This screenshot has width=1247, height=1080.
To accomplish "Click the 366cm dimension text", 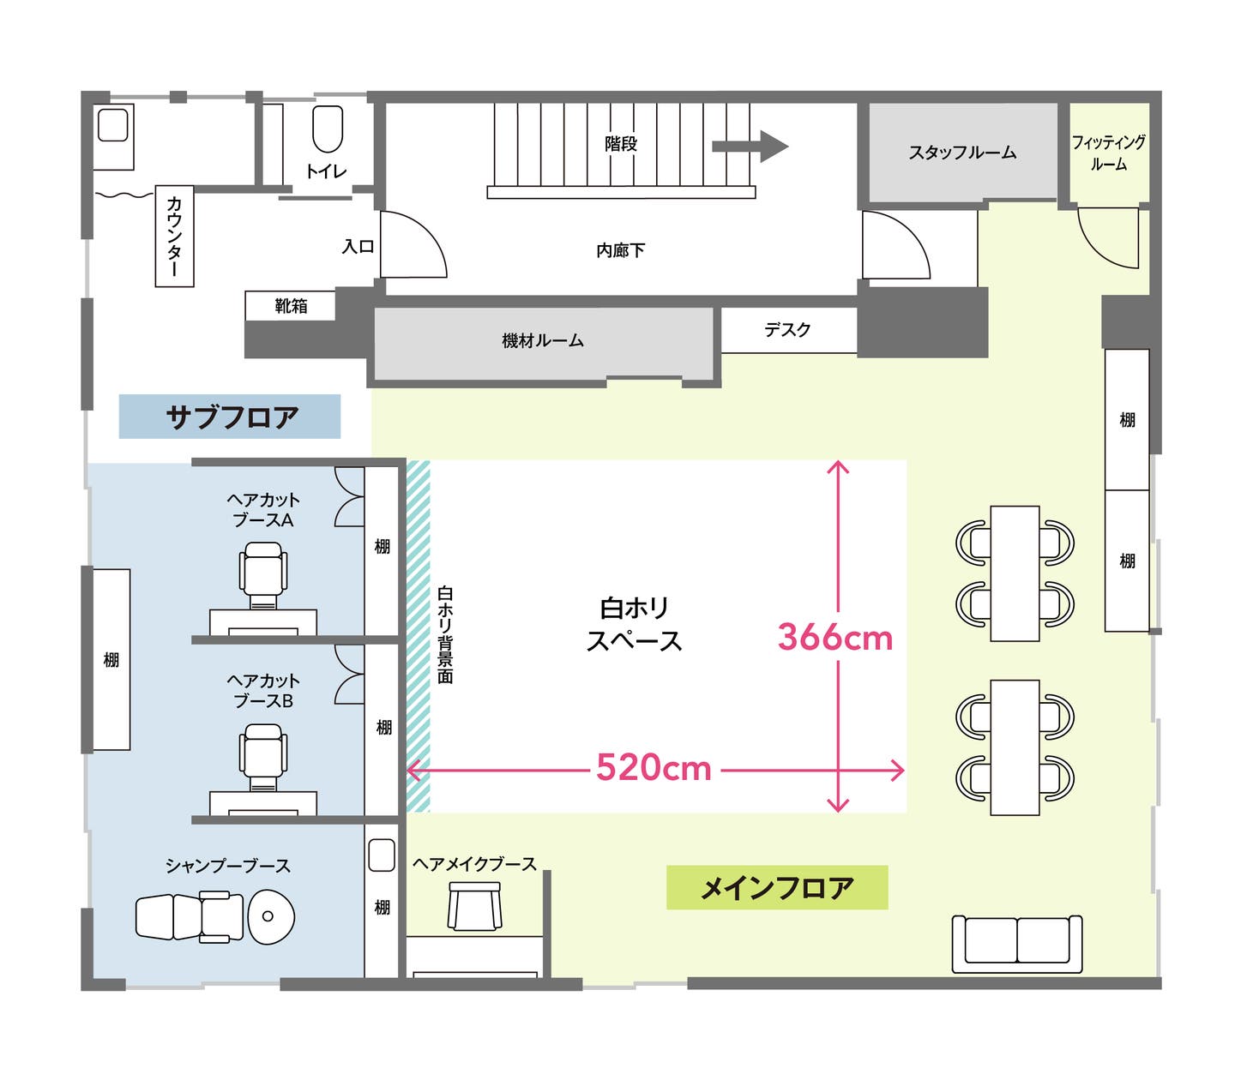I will (x=834, y=638).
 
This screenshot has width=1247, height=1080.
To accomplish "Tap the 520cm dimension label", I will (x=654, y=768).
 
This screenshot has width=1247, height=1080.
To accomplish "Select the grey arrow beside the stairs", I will (x=750, y=147).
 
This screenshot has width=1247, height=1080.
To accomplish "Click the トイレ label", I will (x=326, y=171).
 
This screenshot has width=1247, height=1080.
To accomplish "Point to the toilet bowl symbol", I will (x=328, y=129).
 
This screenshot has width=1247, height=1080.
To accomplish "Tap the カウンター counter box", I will (x=174, y=236).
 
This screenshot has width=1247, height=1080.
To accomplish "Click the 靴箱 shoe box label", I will (x=291, y=306).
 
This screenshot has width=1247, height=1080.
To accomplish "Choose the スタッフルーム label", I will (x=962, y=153).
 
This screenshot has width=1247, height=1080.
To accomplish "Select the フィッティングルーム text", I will (x=1108, y=153).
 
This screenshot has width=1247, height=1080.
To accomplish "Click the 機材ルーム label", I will (x=542, y=341).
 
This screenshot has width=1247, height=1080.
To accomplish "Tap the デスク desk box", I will (x=787, y=330).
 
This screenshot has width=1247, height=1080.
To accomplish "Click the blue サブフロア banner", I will (x=230, y=417).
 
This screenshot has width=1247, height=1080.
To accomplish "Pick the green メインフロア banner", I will (x=777, y=888).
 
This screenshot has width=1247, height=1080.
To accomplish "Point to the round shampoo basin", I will (x=271, y=916).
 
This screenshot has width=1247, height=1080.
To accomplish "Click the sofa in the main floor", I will (x=1017, y=943).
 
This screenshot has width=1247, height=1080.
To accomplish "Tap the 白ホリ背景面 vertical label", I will (x=445, y=634).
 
